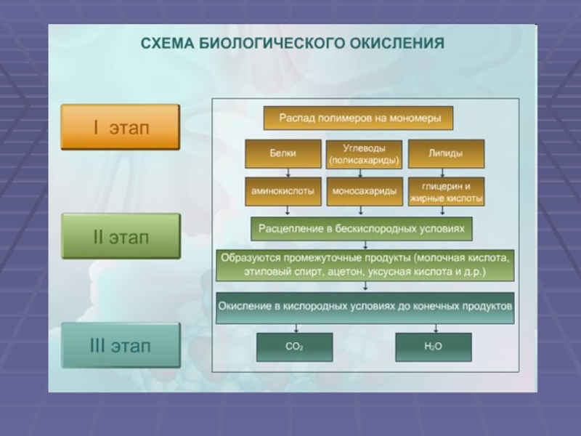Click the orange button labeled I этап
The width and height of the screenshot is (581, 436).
pyautogui.click(x=120, y=127)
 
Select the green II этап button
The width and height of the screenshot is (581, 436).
pyautogui.click(x=120, y=236)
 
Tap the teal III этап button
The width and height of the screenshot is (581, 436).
pyautogui.click(x=120, y=345)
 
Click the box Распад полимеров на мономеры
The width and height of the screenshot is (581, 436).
pyautogui.click(x=357, y=118)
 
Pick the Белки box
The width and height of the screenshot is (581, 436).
pyautogui.click(x=283, y=153)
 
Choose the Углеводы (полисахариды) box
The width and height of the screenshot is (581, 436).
pyautogui.click(x=364, y=153)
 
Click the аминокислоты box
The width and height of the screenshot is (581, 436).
pyautogui.click(x=283, y=191)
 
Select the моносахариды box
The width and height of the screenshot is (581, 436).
pyautogui.click(x=364, y=191)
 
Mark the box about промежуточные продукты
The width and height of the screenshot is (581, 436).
pyautogui.click(x=365, y=265)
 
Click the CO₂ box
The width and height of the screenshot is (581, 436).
pyautogui.click(x=294, y=347)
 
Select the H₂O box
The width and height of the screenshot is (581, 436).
pyautogui.click(x=433, y=347)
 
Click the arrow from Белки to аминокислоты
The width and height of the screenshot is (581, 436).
pyautogui.click(x=288, y=172)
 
